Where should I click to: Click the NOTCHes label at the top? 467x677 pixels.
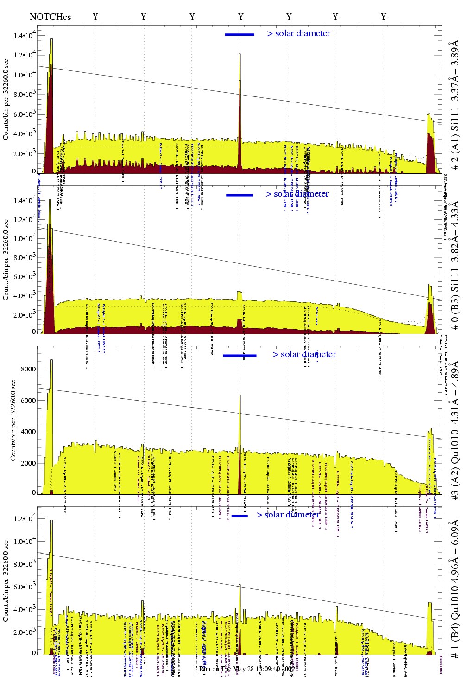(50, 17)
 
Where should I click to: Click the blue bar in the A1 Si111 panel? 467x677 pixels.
(240, 34)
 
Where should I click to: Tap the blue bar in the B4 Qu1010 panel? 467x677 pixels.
(240, 516)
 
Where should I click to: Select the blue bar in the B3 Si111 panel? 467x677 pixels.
(240, 195)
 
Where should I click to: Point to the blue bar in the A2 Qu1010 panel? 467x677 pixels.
(240, 356)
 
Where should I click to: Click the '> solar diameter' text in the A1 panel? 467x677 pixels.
(298, 33)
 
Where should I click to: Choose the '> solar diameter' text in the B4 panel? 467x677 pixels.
(288, 515)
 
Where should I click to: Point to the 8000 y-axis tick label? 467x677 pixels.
(28, 369)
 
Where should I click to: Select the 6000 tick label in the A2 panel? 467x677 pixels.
(28, 401)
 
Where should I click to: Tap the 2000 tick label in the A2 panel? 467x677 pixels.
(28, 463)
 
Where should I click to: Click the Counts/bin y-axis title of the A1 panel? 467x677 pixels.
(6, 100)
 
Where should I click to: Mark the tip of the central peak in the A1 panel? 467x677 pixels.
(240, 54)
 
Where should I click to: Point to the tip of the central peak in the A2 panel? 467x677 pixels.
(240, 395)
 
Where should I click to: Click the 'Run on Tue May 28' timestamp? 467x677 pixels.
(246, 669)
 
